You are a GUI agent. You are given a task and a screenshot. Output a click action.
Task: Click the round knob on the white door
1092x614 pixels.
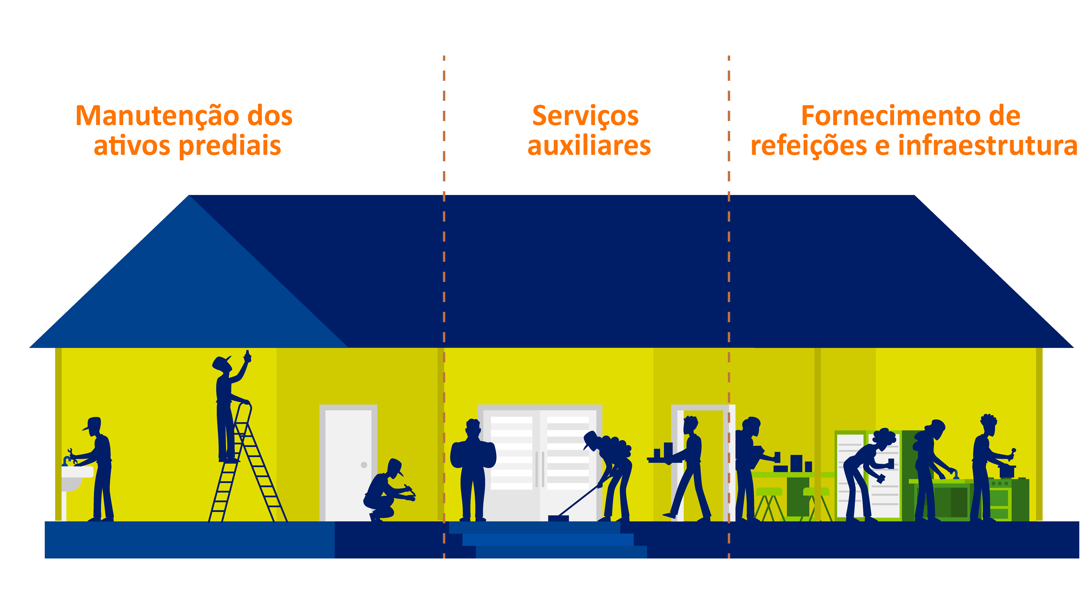(x=364, y=465)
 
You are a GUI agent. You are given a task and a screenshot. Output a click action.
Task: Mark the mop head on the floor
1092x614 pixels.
(x=558, y=518)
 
